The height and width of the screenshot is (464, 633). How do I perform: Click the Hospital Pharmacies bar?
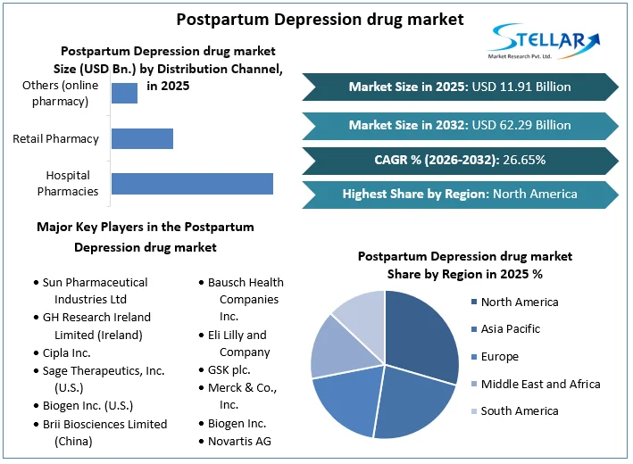pyautogui.click(x=192, y=183)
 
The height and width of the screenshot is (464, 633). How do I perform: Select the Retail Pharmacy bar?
pyautogui.click(x=142, y=138)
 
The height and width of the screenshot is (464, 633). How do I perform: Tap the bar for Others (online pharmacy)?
pyautogui.click(x=124, y=93)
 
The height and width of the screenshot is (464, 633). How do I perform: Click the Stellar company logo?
pyautogui.click(x=544, y=42)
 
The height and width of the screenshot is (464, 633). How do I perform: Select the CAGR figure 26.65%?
pyautogui.click(x=515, y=160)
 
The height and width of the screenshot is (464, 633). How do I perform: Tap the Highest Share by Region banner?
pyautogui.click(x=460, y=194)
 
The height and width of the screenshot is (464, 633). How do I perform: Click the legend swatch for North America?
pyautogui.click(x=473, y=302)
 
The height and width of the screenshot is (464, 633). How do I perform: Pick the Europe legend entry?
pyautogui.click(x=499, y=357)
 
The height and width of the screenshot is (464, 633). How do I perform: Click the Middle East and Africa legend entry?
pyautogui.click(x=540, y=384)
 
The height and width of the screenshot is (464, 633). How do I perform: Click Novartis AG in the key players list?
pyautogui.click(x=239, y=441)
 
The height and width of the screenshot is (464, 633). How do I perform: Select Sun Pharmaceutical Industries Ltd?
pyautogui.click(x=95, y=290)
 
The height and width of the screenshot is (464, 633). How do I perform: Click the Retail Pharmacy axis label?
pyautogui.click(x=55, y=138)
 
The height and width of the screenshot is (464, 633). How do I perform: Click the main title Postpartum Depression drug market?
pyautogui.click(x=320, y=19)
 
